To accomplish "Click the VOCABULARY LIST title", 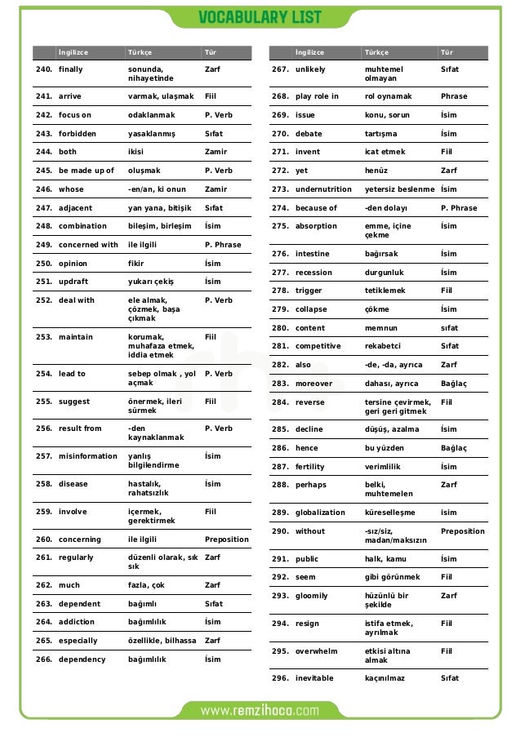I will point(260,17).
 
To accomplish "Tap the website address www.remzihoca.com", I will point(260,710).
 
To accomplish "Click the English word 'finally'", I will point(70,69).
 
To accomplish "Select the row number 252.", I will point(44,300).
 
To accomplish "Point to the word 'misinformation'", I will point(88,456).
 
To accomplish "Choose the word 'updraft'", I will point(73,282).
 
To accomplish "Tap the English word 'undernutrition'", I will point(323,189).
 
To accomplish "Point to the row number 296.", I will point(280,678).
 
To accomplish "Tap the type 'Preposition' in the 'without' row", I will point(462,531).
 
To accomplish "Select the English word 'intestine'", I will point(313,254).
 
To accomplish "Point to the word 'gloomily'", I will point(311,596).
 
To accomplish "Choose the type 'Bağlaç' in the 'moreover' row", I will point(453,383).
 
